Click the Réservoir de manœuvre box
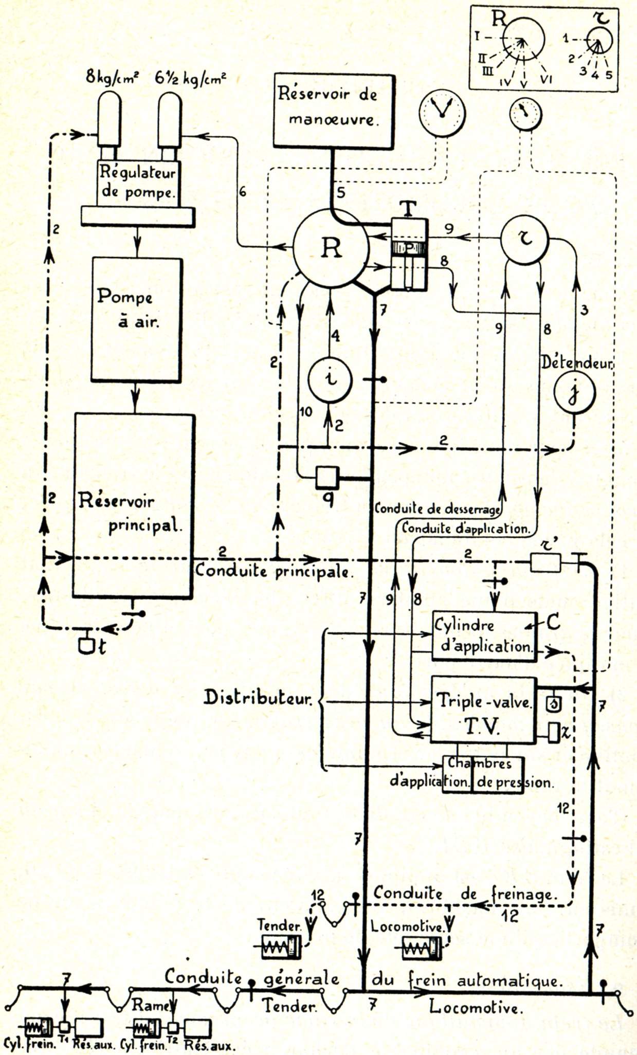334,111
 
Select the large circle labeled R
331,247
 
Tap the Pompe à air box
136,319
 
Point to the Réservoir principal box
133,506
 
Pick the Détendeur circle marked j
574,393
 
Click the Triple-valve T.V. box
483,710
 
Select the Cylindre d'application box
484,636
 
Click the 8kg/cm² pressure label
112,78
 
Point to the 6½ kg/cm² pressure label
190,78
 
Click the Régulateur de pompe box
137,182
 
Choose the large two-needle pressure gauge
442,113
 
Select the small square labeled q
327,478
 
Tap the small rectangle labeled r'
545,563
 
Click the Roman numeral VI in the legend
546,80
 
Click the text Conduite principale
274,571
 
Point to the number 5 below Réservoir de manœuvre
341,193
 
